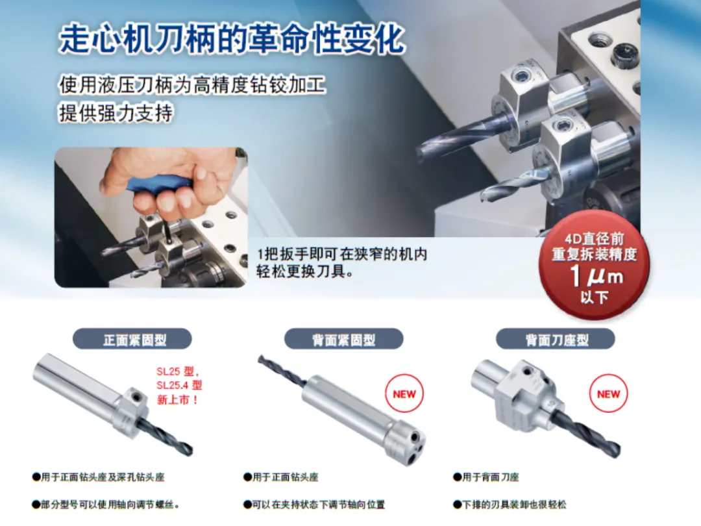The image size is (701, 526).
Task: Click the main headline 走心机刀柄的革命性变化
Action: point(232,40)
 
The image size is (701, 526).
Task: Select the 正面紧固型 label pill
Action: point(132,340)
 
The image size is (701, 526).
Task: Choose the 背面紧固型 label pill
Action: point(344,340)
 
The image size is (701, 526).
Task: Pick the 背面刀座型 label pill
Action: point(556,340)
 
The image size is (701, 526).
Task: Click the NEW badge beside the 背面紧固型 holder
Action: point(404,394)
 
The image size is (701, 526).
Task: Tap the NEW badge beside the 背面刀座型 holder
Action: point(608,394)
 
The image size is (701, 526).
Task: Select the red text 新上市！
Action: point(177,399)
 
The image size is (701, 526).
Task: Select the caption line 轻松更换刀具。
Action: point(305,271)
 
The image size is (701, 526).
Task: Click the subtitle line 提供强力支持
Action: point(116,113)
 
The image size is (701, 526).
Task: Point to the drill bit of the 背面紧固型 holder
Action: point(282,371)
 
